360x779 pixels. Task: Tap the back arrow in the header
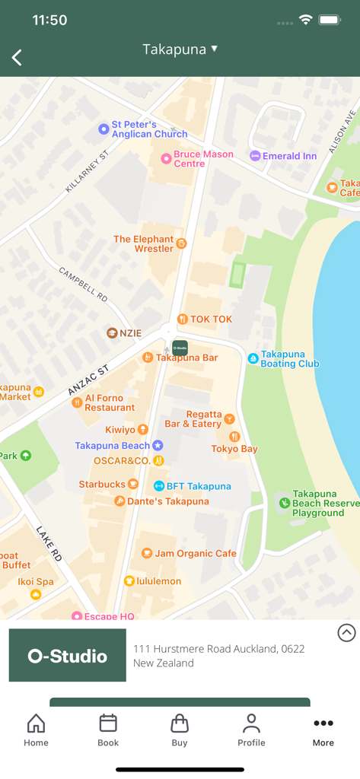tap(17, 57)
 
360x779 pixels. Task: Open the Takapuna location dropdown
tap(180, 49)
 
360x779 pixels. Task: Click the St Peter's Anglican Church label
tap(149, 129)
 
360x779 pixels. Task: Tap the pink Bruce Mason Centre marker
tap(166, 158)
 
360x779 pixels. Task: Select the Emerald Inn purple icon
tap(255, 156)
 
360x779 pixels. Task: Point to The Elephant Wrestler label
tap(144, 243)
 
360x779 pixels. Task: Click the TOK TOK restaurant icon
tap(183, 320)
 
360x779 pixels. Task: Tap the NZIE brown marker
tap(112, 333)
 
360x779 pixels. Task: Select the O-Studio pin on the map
tap(180, 348)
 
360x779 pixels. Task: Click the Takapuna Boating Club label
tap(289, 359)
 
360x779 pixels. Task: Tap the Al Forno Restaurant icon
tap(77, 402)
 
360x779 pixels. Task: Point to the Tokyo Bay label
tap(234, 449)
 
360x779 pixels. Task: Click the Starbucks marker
tap(133, 484)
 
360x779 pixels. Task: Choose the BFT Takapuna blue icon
tap(159, 486)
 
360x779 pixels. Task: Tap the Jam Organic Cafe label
tap(196, 554)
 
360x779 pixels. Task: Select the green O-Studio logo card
tap(68, 655)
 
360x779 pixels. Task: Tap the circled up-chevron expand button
tap(346, 632)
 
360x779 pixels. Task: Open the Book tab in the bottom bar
tap(108, 730)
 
